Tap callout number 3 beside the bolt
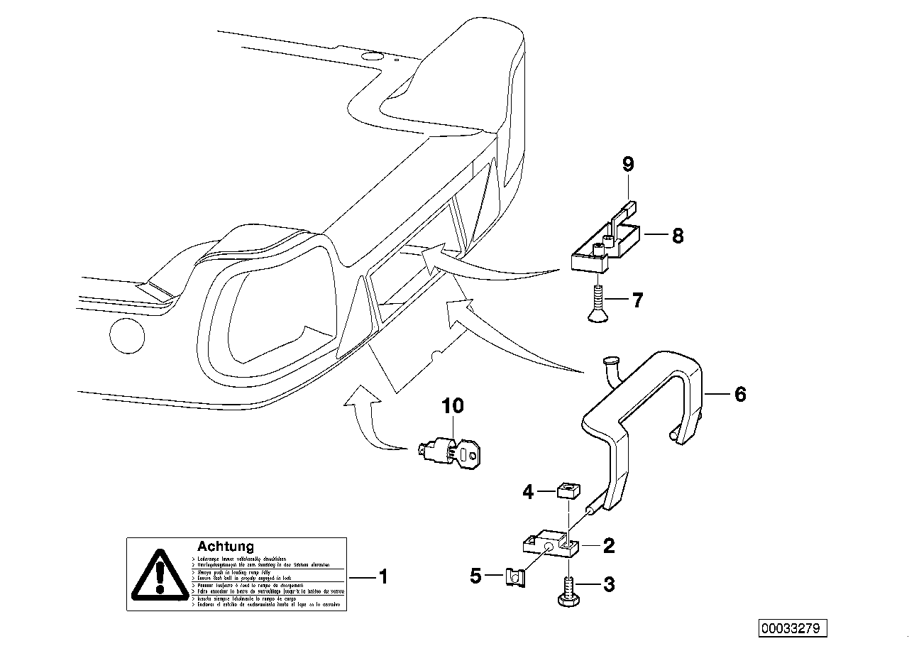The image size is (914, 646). tap(609, 585)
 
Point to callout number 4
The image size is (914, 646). tap(527, 491)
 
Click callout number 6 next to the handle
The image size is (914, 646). tap(740, 394)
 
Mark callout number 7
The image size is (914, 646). tap(637, 301)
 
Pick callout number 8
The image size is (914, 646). tap(677, 236)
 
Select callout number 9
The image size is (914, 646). tap(627, 165)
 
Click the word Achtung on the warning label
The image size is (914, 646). tap(225, 547)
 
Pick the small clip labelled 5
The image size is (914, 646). tap(512, 577)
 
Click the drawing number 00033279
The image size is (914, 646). tap(794, 628)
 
